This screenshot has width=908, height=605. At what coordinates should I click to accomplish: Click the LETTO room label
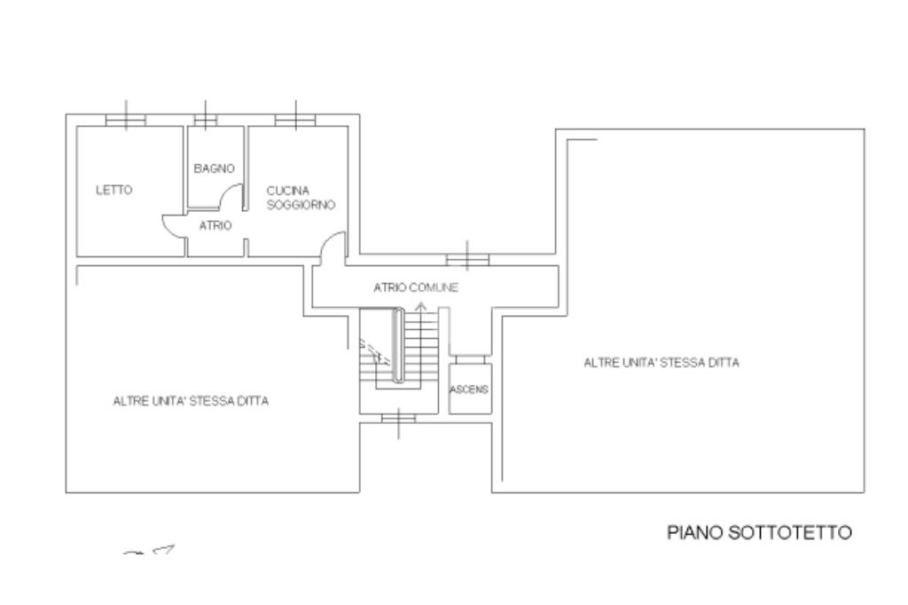point(114,190)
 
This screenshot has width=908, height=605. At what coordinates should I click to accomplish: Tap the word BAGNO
point(214,168)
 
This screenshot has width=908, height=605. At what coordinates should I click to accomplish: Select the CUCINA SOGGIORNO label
point(300,197)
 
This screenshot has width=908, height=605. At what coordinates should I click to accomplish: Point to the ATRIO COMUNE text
point(415,288)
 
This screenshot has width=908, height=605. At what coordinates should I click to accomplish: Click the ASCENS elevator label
point(469,389)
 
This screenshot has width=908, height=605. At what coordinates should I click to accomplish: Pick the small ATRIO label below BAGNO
point(215,226)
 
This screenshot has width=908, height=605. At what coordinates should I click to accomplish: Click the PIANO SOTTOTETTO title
point(759,533)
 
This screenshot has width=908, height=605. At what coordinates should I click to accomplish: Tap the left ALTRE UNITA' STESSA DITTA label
point(192,401)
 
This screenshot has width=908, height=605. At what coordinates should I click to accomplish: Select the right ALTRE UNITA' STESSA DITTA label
point(661,363)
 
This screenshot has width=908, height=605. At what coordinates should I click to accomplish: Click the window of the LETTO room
point(125,120)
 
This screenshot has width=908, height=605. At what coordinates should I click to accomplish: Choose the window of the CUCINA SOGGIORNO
point(294,120)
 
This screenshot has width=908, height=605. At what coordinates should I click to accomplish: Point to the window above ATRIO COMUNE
point(467,259)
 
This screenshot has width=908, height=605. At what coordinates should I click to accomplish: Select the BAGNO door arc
point(231,195)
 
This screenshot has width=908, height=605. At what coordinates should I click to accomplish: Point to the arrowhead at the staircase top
point(420,306)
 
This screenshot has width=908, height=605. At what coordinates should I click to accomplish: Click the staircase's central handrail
point(399,346)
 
